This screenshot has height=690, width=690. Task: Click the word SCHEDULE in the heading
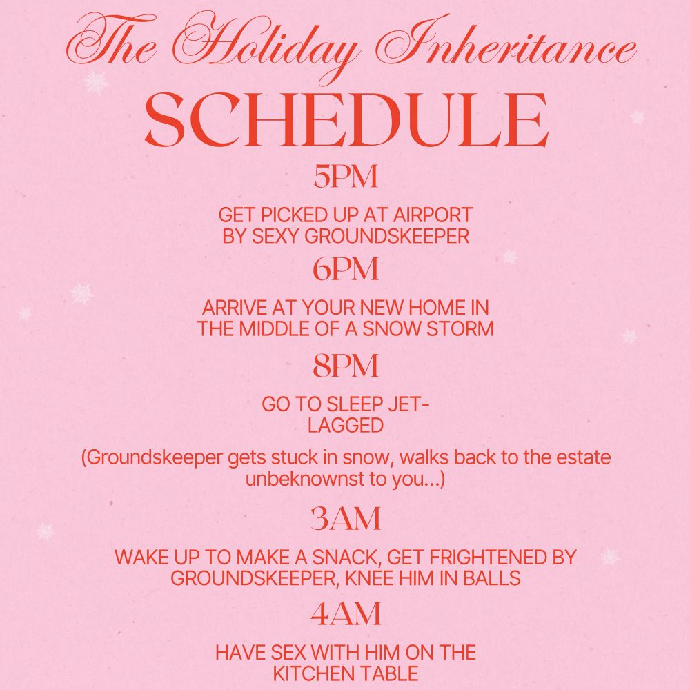pos(346,119)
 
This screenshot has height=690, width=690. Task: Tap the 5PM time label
pos(346,177)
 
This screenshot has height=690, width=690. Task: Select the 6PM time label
pos(346,269)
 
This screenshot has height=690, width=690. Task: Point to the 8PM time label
pos(346,366)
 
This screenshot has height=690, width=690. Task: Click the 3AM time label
pos(346,518)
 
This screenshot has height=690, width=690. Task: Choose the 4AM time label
pos(346,614)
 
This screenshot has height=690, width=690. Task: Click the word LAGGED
pos(346,426)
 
